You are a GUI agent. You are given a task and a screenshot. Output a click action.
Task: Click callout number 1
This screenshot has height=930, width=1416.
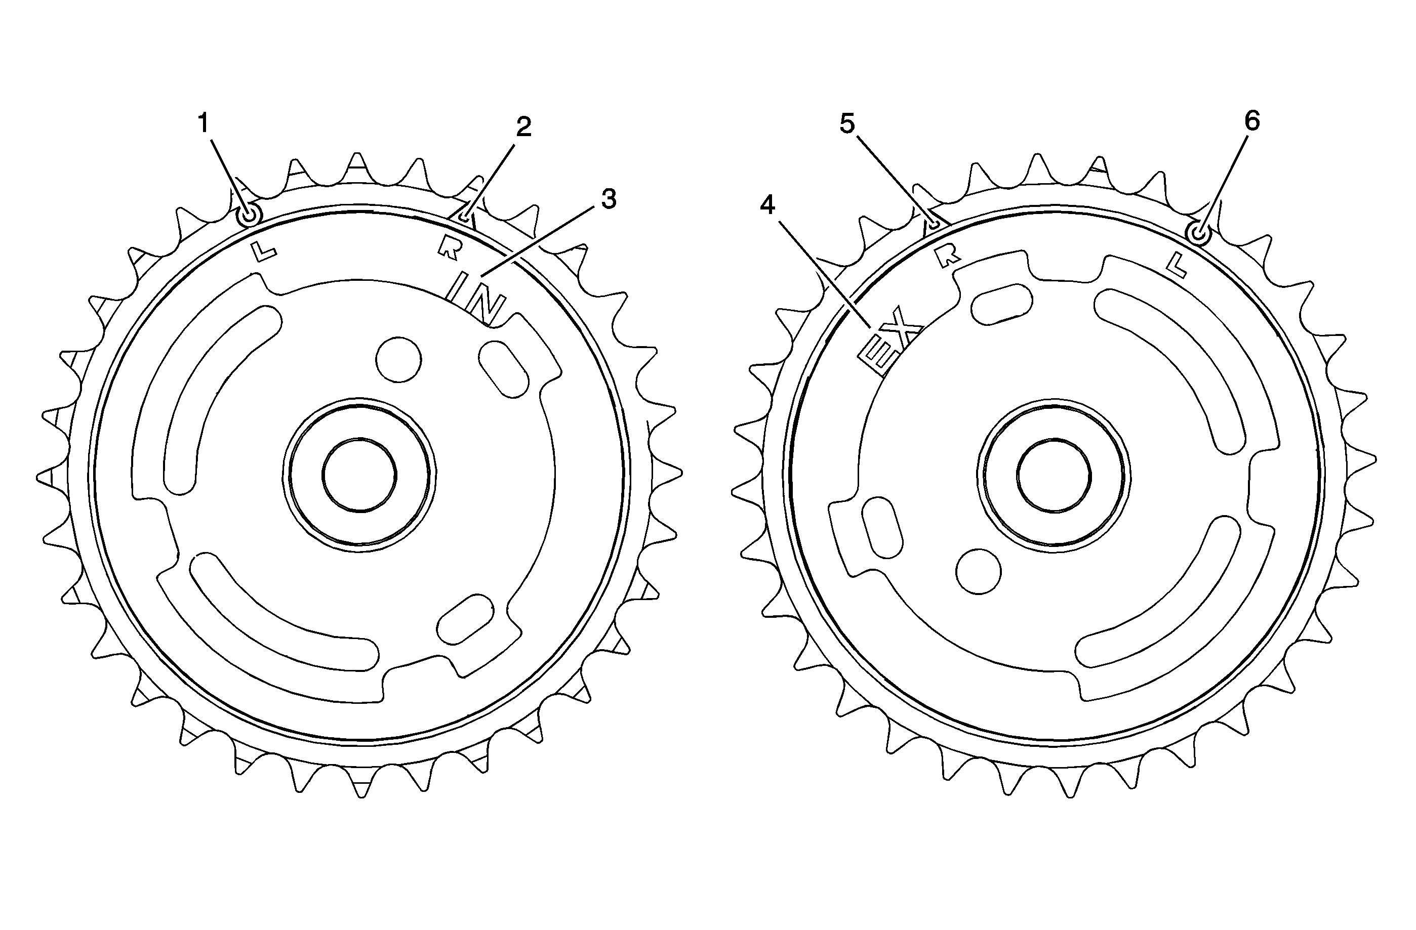pos(204,123)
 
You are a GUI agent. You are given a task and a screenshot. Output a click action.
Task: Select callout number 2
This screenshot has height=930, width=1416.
pos(523,126)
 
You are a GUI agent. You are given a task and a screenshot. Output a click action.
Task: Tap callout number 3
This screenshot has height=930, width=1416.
pos(609,199)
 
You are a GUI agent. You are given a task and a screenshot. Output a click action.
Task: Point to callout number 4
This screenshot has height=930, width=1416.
pos(767,205)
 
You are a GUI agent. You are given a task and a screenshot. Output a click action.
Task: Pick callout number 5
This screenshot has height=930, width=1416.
pos(847,123)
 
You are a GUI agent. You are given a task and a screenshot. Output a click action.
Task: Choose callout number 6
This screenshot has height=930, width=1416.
pos(1252,121)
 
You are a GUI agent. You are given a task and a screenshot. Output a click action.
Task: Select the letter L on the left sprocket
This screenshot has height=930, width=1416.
pos(264,252)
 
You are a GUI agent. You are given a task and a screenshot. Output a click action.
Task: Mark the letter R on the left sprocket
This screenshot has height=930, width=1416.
pos(450,248)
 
